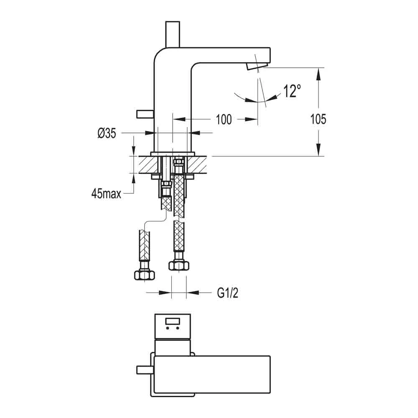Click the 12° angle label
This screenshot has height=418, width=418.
coord(292,91)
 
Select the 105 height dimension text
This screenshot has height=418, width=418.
coord(319,119)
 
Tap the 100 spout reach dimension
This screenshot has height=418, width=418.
coord(224,120)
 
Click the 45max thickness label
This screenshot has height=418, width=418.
coord(106,194)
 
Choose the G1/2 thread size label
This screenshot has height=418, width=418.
coord(227,293)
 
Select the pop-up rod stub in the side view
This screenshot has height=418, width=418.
coord(145,114)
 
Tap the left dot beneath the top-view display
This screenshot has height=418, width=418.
coord(168,329)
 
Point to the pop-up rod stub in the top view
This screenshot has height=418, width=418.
coord(145,370)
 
